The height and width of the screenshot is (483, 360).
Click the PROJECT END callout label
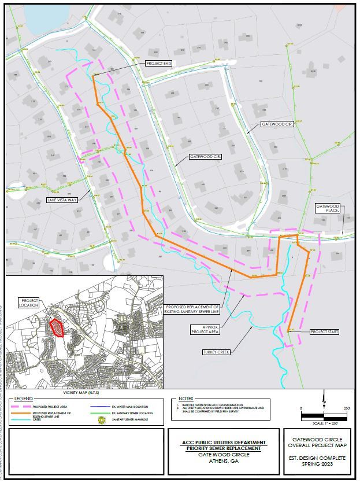[x=159, y=63]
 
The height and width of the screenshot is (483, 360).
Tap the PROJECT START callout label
[x=324, y=332]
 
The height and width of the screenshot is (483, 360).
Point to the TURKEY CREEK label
[x=217, y=352]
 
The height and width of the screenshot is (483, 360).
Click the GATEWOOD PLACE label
[x=327, y=208]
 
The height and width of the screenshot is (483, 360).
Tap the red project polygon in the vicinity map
[x=56, y=327]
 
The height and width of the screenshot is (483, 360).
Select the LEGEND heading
[x=24, y=399]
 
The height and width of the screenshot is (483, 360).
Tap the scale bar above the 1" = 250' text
[x=324, y=415]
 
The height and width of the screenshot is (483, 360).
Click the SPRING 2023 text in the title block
[x=318, y=464]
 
